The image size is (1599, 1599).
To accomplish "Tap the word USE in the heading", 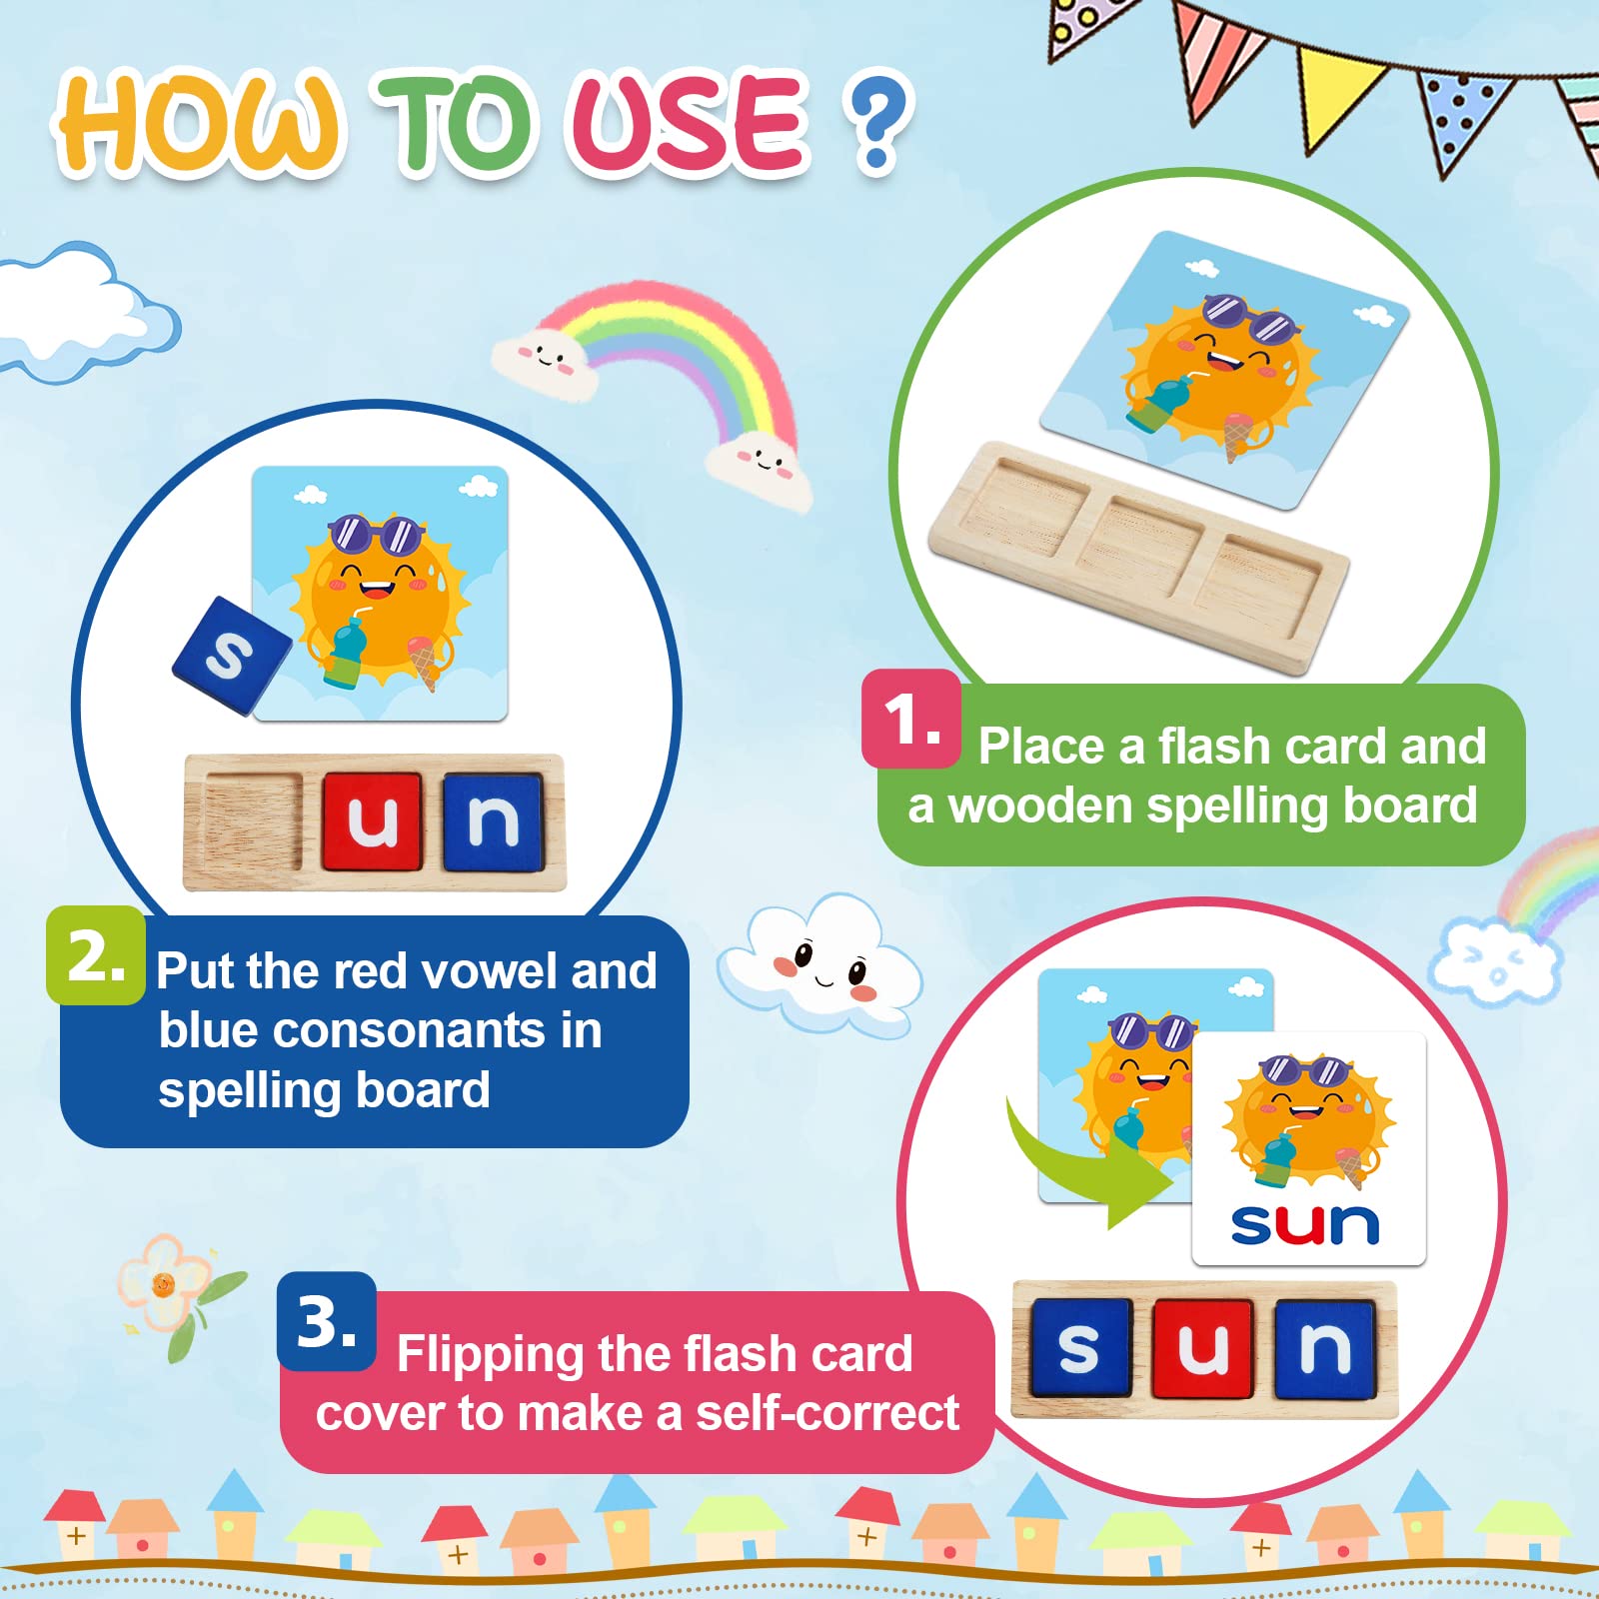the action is click(x=688, y=122).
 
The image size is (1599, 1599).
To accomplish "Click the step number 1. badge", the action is click(x=911, y=719).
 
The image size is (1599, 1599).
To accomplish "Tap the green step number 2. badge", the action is click(x=96, y=955).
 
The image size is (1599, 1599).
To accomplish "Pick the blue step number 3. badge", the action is click(x=327, y=1321).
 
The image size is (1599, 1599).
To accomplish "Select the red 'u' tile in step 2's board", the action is click(x=373, y=821).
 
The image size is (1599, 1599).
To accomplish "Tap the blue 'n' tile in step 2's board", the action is click(x=494, y=821).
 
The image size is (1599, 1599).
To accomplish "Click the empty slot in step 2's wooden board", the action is click(x=252, y=821).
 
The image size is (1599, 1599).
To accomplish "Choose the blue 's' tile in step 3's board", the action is click(x=1080, y=1346).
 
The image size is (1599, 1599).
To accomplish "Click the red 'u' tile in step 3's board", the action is click(x=1202, y=1347).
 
